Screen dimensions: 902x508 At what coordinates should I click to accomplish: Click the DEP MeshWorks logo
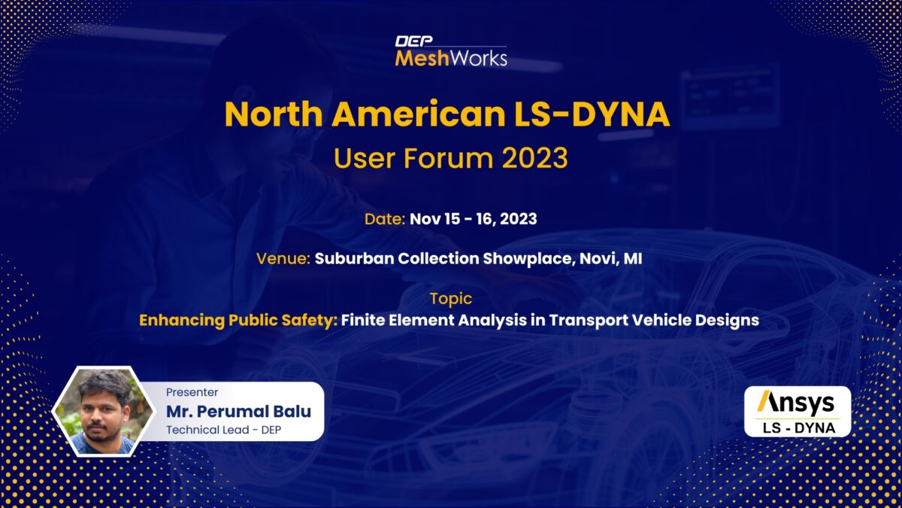point(451,51)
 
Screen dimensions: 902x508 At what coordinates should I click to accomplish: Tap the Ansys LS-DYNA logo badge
point(798,411)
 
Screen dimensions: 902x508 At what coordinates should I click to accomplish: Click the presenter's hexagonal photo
point(104,411)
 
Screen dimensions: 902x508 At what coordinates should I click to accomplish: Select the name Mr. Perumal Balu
point(238,411)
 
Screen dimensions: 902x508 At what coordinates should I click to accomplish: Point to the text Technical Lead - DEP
point(223,430)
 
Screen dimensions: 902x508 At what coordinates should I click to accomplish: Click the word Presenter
point(192,392)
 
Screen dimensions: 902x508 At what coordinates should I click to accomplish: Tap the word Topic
point(451,299)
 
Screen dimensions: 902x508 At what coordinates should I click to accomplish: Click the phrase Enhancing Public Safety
point(238,321)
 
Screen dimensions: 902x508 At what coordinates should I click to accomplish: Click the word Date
point(385,219)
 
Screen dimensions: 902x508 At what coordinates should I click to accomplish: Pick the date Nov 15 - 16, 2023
point(473,219)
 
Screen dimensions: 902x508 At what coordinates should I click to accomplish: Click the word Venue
point(283,258)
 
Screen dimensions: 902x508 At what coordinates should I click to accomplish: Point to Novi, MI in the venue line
point(611,258)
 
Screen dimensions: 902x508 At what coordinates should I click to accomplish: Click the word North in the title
point(274,114)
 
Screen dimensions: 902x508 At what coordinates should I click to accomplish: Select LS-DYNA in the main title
point(592,114)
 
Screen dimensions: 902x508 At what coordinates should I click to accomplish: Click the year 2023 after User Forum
point(534,157)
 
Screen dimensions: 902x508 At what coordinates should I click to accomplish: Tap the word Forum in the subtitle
point(448,157)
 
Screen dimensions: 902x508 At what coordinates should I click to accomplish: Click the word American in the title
point(419,114)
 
